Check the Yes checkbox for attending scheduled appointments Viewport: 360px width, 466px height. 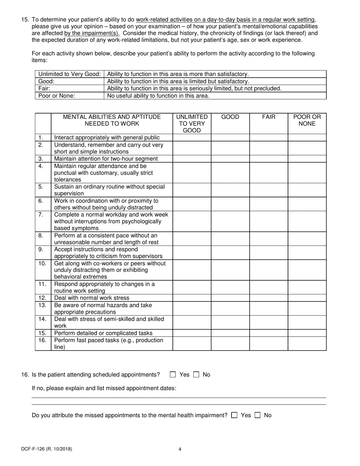[173, 375]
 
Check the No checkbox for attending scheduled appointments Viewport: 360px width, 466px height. [196, 375]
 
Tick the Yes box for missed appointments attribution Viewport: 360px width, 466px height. [234, 415]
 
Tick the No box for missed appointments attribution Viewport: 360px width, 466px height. [258, 415]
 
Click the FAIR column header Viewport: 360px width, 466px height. [269, 117]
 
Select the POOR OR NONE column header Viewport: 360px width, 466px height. [307, 120]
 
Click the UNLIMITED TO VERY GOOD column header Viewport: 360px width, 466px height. [192, 124]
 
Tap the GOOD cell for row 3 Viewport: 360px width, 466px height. [230, 159]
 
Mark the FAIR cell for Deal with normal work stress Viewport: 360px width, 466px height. [269, 298]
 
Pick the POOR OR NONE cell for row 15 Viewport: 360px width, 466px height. [307, 333]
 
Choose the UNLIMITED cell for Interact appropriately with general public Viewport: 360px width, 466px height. [192, 138]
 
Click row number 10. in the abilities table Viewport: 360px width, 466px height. [42, 263]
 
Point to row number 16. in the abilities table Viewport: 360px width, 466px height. [42, 340]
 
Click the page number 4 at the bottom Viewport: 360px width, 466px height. [180, 449]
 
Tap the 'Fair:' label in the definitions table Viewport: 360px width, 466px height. [45, 89]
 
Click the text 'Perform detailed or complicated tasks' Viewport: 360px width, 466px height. [103, 333]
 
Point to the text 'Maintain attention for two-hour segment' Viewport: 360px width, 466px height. [106, 159]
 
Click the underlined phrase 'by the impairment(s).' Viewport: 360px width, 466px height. [92, 33]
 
